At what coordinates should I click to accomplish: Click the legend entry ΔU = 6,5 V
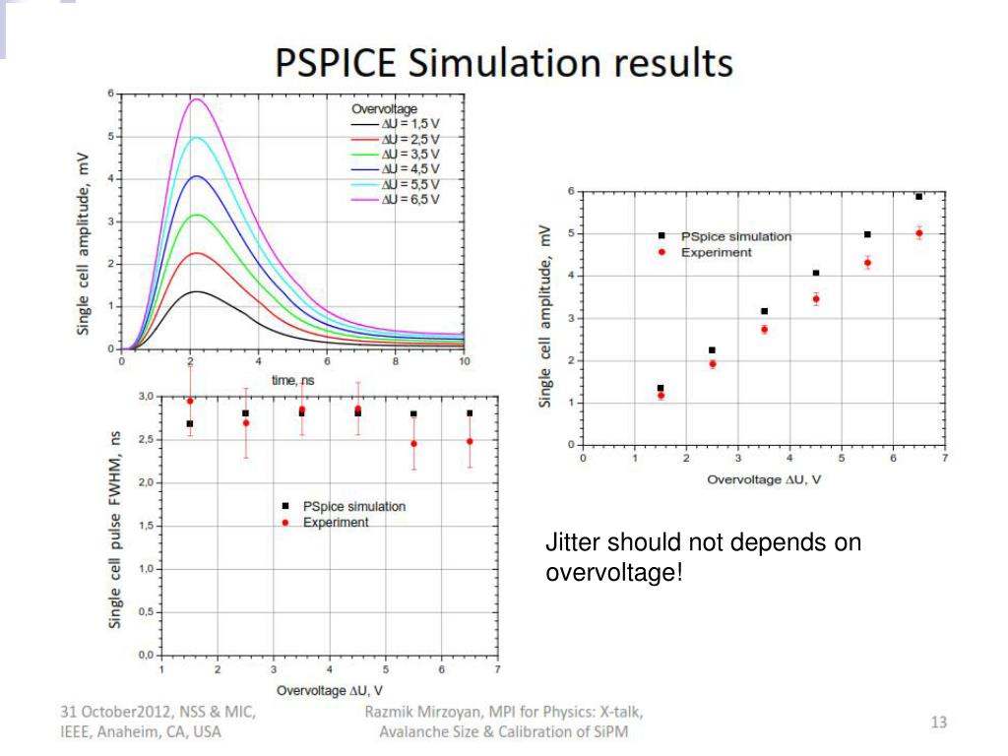tap(409, 199)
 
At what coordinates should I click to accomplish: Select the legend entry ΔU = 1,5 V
tap(409, 123)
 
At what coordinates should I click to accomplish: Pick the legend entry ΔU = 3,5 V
tap(409, 154)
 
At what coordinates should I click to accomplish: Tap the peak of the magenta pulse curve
tap(197, 99)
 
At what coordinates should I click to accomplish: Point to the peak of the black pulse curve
tap(197, 291)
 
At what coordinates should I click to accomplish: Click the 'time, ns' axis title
tap(292, 379)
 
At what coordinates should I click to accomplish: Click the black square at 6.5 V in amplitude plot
tap(918, 197)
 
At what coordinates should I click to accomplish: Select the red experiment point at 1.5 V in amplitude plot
tap(661, 396)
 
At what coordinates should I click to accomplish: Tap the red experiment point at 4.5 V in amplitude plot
tap(816, 298)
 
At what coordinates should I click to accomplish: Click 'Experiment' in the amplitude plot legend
tap(717, 252)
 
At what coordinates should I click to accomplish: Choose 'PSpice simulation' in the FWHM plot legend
tap(353, 506)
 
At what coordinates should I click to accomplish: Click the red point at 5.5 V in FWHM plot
tap(413, 444)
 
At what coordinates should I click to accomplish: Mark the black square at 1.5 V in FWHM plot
tap(189, 424)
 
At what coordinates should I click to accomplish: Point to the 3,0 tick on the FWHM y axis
tap(146, 396)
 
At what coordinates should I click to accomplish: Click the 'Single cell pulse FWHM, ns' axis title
tap(115, 532)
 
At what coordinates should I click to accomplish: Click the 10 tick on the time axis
tap(464, 361)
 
